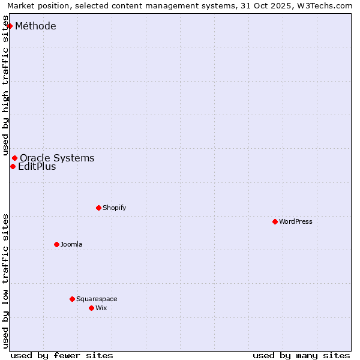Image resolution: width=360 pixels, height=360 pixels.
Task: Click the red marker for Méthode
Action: [10, 26]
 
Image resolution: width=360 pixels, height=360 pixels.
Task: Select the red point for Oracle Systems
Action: [15, 158]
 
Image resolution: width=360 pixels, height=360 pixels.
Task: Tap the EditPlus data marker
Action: [13, 166]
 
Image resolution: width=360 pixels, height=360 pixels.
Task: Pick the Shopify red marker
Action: [98, 208]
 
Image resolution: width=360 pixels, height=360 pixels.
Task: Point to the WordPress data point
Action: [275, 221]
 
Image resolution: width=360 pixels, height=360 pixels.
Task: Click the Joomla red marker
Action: [56, 244]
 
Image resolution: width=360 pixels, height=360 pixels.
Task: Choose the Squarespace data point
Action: [72, 299]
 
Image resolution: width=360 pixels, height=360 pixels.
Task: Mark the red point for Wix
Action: [91, 308]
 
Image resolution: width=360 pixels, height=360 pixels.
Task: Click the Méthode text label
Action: [35, 26]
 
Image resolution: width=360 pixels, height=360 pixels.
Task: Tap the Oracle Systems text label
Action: [57, 158]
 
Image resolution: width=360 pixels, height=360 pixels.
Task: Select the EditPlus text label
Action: [37, 166]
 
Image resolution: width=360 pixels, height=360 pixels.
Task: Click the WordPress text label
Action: [296, 221]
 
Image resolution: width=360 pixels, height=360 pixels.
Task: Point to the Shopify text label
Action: [115, 208]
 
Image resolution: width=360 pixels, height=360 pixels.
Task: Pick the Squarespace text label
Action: [97, 299]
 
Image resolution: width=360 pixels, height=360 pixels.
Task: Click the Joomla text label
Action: [71, 244]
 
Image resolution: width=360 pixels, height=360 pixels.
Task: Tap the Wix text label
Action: [101, 308]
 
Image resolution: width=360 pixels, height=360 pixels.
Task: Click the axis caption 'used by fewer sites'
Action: [62, 355]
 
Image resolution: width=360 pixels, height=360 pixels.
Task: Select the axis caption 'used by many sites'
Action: [301, 355]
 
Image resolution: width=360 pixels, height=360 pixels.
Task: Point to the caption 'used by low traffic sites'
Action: [6, 281]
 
